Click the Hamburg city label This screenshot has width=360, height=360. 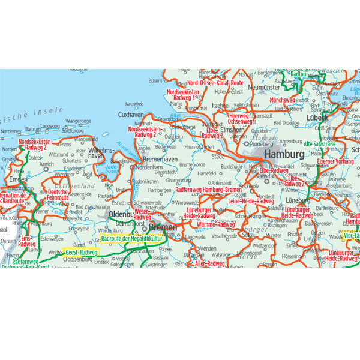click(284, 154)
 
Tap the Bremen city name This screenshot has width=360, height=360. click(163, 228)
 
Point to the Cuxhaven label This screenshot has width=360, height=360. click(131, 114)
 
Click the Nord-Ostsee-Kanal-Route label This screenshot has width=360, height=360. click(215, 83)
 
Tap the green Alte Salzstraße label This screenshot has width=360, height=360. click(323, 144)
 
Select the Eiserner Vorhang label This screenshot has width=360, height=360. click(334, 161)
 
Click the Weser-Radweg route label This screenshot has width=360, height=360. click(142, 215)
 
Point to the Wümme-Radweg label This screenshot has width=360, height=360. click(215, 224)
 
